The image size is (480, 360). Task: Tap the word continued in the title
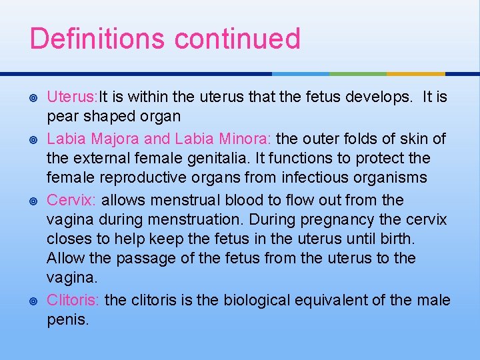tap(238, 39)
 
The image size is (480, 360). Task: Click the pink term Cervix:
tap(71, 200)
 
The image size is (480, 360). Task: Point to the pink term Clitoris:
tap(73, 300)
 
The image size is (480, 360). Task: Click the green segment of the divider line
tap(358, 73)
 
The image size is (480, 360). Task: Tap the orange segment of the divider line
tap(415, 73)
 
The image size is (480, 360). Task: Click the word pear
tap(61, 117)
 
